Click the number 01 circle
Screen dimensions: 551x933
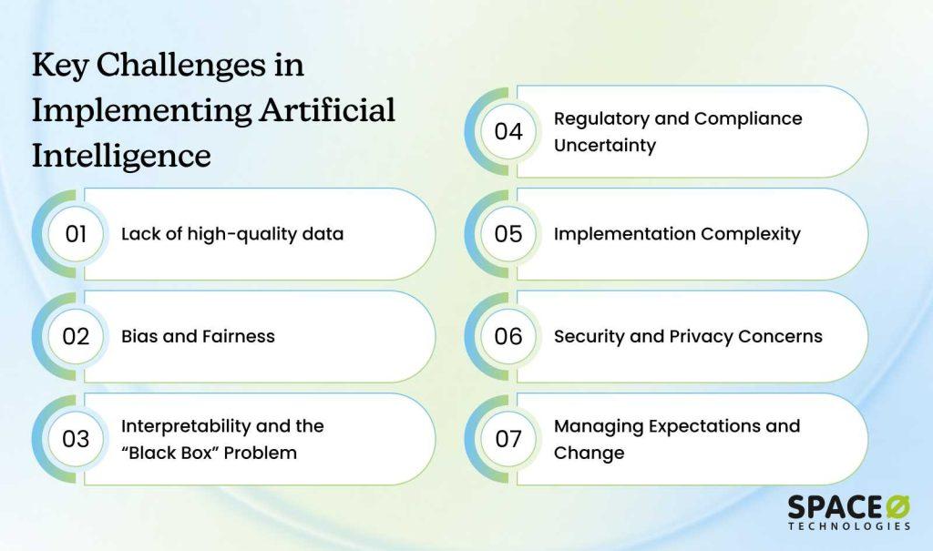point(76,234)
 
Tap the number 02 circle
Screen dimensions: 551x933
point(76,336)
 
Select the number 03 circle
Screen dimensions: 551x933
point(76,439)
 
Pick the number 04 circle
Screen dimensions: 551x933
point(508,131)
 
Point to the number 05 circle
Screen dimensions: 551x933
point(508,234)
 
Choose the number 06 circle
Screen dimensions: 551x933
point(508,336)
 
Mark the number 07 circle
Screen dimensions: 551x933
point(508,439)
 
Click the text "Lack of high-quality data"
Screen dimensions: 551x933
point(232,234)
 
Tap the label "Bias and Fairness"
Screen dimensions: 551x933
point(198,336)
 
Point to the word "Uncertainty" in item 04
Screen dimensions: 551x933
point(605,146)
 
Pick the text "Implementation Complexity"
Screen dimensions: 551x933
point(677,234)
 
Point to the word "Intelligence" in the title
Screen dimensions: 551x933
point(121,156)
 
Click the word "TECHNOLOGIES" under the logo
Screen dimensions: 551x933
point(849,526)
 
